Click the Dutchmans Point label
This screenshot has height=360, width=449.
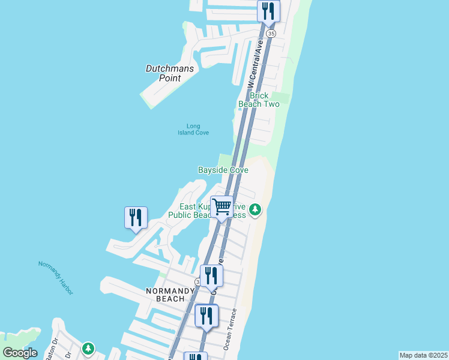170,73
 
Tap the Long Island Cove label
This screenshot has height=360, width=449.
193,129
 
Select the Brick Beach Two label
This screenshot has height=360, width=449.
259,100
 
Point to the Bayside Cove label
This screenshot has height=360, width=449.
223,170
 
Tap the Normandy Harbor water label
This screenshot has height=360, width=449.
55,278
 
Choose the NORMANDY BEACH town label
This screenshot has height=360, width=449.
170,295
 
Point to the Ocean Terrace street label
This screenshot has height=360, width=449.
231,329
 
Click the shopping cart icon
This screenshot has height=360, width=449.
222,208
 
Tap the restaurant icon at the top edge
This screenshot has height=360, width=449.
268,11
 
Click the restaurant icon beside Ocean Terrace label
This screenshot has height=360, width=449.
206,316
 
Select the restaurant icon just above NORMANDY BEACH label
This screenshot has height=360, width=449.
211,275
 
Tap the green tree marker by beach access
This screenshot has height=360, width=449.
256,209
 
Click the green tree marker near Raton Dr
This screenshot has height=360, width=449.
88,348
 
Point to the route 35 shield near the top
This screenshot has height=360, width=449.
272,34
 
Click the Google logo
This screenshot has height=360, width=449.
20,352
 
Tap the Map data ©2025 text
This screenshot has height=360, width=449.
423,355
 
